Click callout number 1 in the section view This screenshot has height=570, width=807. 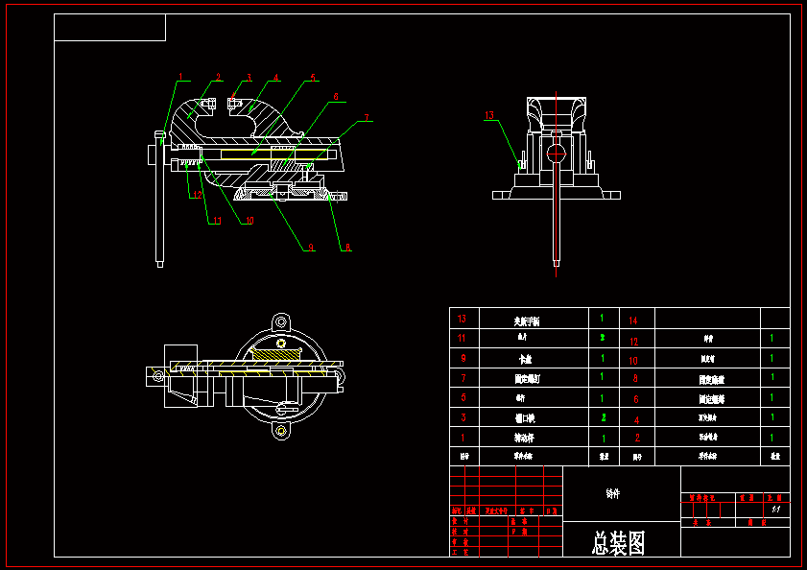[180, 76]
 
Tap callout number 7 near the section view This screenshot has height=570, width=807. [368, 118]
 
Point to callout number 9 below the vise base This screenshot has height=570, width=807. [310, 248]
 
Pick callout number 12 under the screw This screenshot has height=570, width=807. [197, 195]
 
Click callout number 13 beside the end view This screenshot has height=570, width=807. [489, 115]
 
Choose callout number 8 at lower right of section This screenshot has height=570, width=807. [347, 248]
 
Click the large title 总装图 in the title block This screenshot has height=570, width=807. [619, 544]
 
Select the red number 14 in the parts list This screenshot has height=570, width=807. [633, 320]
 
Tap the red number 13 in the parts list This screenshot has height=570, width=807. [463, 319]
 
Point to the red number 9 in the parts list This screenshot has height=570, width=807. [463, 358]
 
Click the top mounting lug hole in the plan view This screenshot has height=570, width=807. [280, 321]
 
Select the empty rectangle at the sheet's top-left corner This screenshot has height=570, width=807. [110, 28]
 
